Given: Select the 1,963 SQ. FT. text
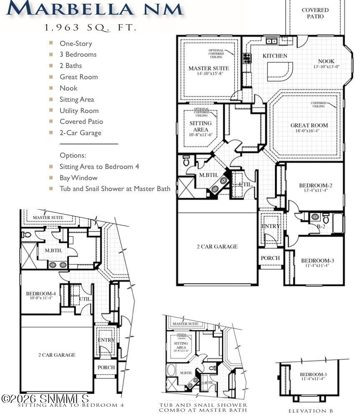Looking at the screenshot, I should pos(91,28).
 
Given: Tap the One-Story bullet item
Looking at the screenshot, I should pos(76,43).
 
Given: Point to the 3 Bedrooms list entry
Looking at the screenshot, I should pos(78,55).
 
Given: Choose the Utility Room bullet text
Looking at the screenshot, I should pos(79,111).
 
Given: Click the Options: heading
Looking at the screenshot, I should pos(73,155).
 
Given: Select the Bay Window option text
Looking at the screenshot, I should pos(78,178).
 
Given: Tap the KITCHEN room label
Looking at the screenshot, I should pos(274,56).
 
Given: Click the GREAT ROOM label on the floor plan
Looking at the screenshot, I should pos(309,125).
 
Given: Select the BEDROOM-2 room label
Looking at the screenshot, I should pos(315,186).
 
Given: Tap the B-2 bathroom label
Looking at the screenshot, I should pos(321,227).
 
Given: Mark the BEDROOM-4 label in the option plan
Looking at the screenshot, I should pos(40,293).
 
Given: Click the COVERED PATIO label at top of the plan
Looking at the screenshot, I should pos(315,13).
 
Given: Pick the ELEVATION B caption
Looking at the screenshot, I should pos(311,411).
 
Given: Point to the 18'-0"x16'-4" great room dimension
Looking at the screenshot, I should pos(309,131).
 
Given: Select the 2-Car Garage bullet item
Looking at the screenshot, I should pos(80,133).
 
